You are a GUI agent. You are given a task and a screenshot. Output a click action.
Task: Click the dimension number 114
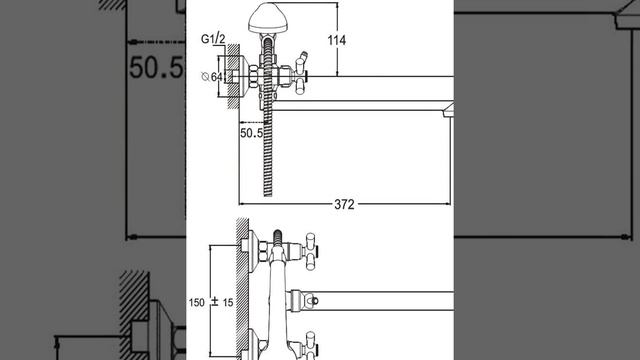(337, 40)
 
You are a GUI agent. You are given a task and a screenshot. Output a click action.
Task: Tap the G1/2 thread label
(213, 39)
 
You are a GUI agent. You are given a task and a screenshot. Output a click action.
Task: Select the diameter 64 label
(212, 77)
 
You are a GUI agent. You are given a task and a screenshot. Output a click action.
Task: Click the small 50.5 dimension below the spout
(251, 133)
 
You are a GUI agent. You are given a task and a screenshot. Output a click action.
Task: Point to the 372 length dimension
(344, 204)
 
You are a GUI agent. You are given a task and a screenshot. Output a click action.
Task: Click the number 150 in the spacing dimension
(196, 302)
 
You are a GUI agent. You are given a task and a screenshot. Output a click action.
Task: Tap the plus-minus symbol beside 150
(215, 302)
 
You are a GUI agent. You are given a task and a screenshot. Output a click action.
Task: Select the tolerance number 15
(228, 302)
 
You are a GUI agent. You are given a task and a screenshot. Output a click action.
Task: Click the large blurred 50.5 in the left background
(156, 67)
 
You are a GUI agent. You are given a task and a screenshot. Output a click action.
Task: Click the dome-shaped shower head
(268, 18)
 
